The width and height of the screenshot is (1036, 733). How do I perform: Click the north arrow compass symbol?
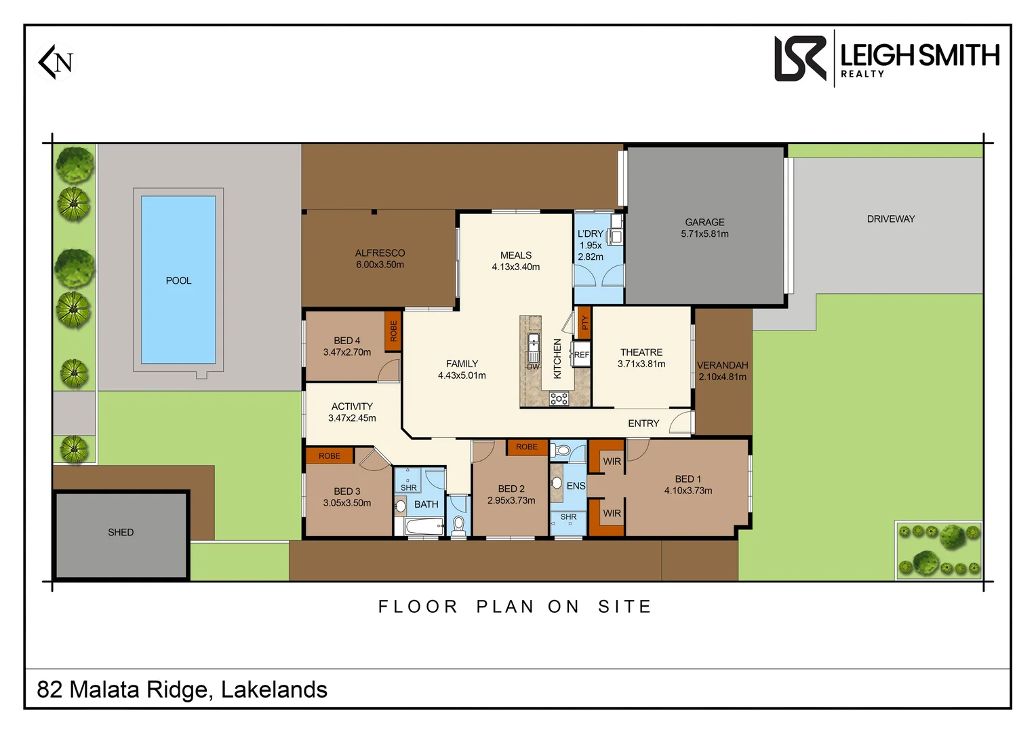56,62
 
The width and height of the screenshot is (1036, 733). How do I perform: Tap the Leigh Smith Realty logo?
886,59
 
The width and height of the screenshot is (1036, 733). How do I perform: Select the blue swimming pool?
178,280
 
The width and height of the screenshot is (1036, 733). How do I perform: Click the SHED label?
121,533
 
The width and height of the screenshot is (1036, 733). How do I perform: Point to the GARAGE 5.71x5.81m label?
704,228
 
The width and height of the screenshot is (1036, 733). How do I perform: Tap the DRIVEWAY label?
890,219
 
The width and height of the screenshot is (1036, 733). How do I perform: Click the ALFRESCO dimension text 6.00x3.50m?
380,265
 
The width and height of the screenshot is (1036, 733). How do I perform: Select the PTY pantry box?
584,323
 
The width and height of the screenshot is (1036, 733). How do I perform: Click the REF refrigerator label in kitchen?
581,355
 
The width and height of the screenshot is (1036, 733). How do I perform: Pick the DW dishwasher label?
533,366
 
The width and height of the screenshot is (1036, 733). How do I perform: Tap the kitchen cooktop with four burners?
559,399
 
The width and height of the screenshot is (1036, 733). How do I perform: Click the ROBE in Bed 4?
393,331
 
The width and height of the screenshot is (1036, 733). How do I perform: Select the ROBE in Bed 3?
330,456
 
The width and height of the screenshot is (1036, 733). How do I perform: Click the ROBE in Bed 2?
526,447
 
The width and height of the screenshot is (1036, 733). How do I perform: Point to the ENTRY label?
643,424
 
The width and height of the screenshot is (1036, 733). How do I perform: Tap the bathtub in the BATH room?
424,526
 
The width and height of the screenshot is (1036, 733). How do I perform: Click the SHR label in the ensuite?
568,517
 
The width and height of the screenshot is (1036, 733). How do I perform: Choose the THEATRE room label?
641,352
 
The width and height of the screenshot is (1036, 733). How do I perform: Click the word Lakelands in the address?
274,690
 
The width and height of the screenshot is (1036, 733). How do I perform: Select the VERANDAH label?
722,365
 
